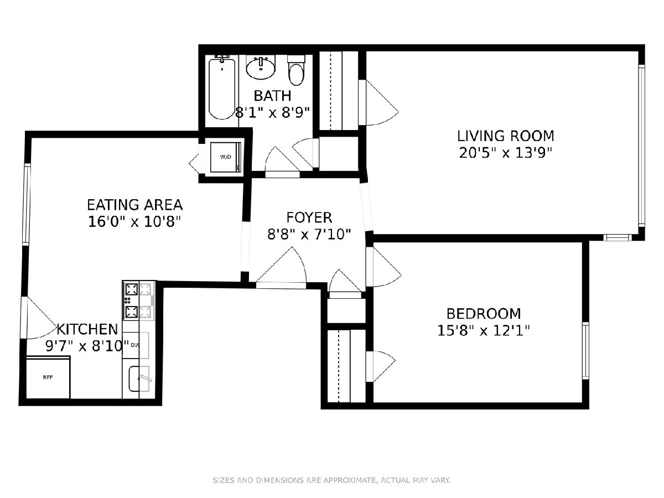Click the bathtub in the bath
(222, 87)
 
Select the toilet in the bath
(296, 70)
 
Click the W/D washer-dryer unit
(226, 157)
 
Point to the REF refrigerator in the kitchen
(48, 377)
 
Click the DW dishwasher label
(135, 345)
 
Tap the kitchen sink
(139, 378)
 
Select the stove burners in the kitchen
(138, 300)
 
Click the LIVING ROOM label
(506, 136)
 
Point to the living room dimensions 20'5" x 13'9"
(506, 153)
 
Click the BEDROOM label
(484, 314)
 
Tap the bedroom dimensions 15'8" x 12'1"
(484, 330)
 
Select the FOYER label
(309, 217)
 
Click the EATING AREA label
(134, 205)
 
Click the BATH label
(272, 96)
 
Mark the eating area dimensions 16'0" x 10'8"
(134, 222)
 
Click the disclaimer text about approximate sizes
(331, 480)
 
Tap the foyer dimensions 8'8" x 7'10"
(309, 234)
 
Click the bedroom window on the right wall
(585, 351)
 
